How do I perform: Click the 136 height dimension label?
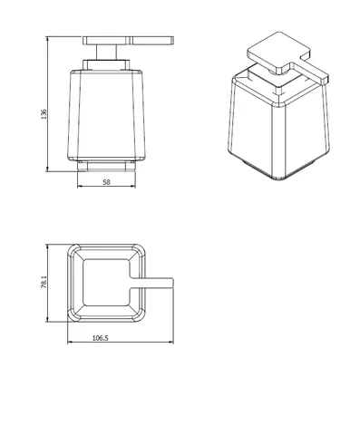pos(44,114)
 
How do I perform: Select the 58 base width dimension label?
pos(107,182)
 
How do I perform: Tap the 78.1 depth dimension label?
pos(44,282)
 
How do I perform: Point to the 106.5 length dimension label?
pos(100,338)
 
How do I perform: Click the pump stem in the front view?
pos(107,53)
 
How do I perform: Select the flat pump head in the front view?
pos(128,41)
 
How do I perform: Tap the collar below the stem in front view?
pos(106,65)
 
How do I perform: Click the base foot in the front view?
pos(106,166)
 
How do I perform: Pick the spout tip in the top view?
pos(172,283)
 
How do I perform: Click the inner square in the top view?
pos(106,282)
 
